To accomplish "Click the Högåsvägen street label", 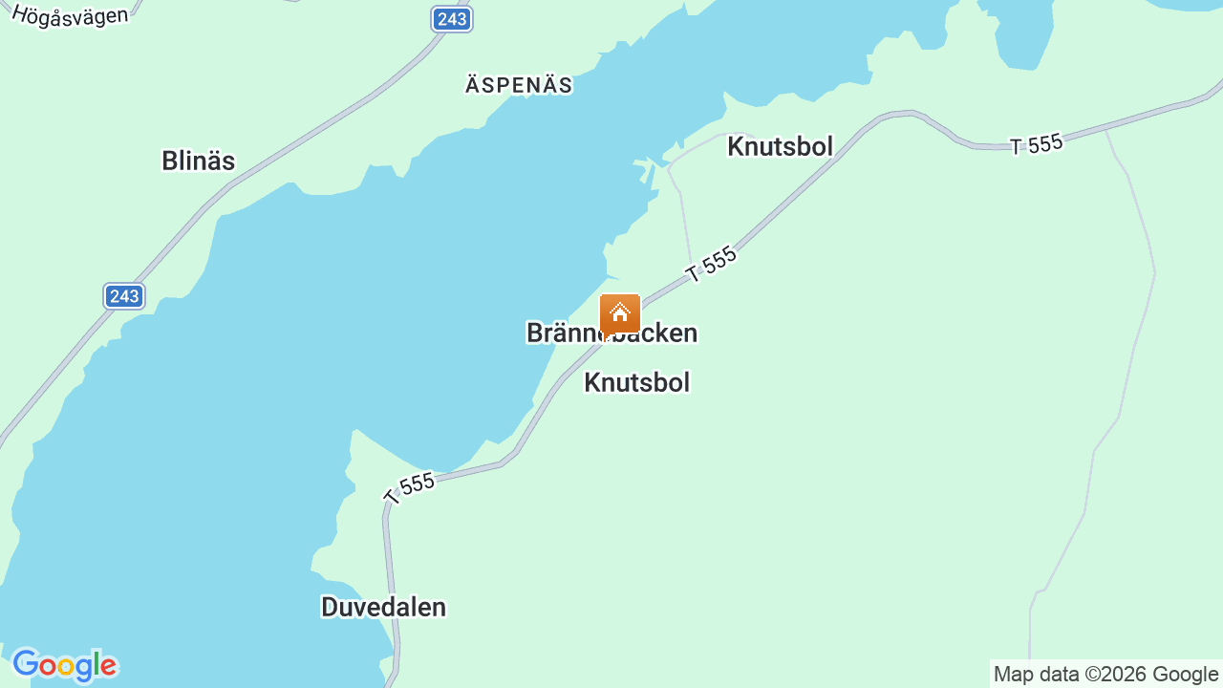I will (x=70, y=14).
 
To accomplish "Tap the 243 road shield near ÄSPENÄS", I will (x=451, y=19).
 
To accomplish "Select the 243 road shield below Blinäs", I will (x=124, y=296).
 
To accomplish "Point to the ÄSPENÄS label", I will (x=519, y=86).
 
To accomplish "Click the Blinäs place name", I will (x=198, y=161).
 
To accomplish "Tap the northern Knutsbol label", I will (x=780, y=146).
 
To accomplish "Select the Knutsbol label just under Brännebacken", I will (x=636, y=382).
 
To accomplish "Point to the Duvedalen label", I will (x=383, y=607).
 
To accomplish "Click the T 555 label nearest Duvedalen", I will (x=409, y=487).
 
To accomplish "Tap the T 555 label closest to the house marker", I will (x=712, y=264).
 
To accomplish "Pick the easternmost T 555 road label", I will (x=1037, y=144).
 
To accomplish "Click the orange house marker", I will (x=620, y=313).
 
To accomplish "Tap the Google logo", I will (x=64, y=665).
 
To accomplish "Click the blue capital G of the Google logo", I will (x=25, y=664).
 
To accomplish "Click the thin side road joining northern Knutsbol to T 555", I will (x=685, y=220).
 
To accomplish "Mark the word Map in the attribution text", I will (x=1012, y=675).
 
